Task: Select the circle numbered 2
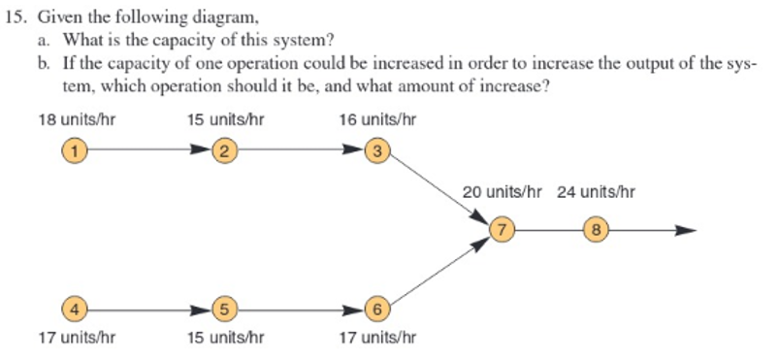point(225,150)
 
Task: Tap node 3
point(377,150)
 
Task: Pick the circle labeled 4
point(73,311)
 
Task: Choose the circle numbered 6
point(377,311)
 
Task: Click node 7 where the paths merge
point(502,230)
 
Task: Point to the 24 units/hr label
point(596,191)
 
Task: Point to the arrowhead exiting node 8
point(686,230)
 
